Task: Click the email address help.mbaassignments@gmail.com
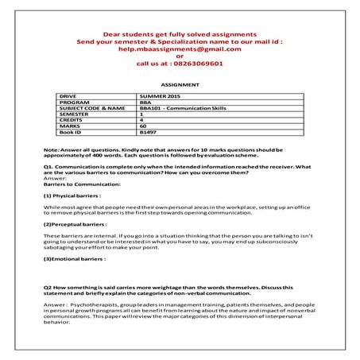click(x=180, y=48)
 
